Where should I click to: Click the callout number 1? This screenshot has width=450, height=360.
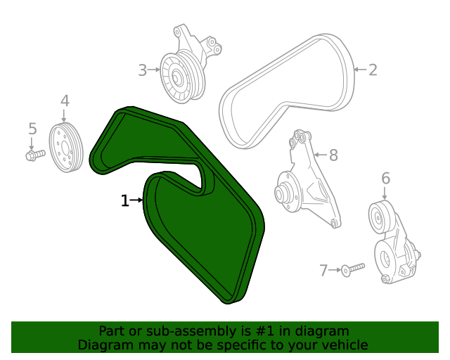click(x=125, y=201)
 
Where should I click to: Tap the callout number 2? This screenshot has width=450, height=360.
click(x=373, y=70)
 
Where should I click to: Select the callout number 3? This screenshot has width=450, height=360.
click(x=142, y=70)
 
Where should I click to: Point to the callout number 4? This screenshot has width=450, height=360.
click(x=65, y=101)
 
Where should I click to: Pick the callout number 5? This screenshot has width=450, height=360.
click(x=32, y=128)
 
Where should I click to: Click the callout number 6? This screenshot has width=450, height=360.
click(x=385, y=179)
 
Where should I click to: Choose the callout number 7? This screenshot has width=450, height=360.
click(x=324, y=270)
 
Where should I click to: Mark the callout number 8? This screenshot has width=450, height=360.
click(x=333, y=155)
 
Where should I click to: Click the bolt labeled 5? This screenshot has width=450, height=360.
click(x=34, y=154)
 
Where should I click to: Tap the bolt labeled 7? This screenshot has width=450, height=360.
click(x=354, y=268)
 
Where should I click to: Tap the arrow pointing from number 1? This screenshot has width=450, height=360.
click(x=138, y=201)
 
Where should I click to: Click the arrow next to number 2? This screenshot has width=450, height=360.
click(x=359, y=70)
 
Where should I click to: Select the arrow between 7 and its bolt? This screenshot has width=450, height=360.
click(x=335, y=270)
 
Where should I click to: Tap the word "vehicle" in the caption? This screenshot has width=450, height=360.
click(x=344, y=345)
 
